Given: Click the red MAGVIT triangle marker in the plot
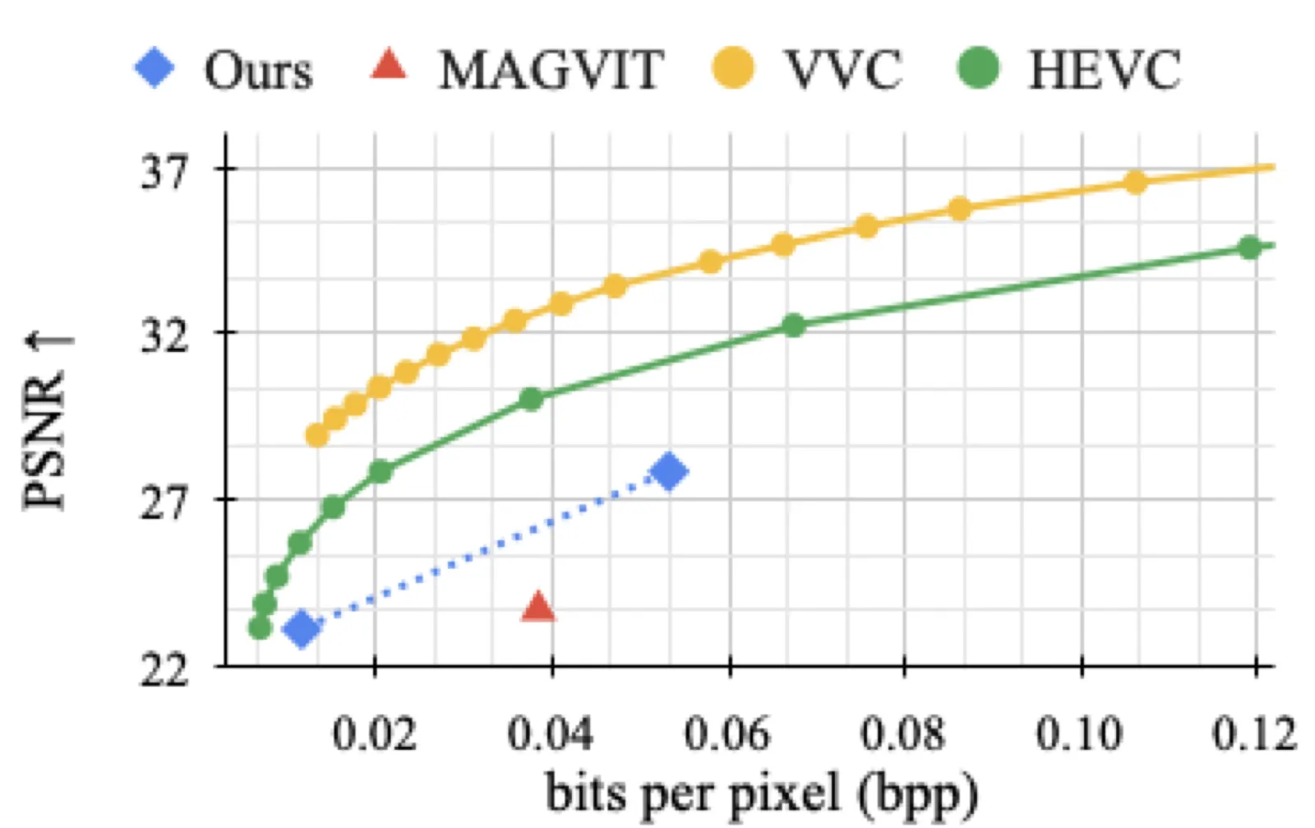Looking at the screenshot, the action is pos(538,607).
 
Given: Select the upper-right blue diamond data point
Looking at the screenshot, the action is pos(669,471).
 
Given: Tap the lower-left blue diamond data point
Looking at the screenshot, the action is pos(302,629).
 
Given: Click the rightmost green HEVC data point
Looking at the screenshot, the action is pos(1249,247).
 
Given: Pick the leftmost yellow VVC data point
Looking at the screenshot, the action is pos(317,435).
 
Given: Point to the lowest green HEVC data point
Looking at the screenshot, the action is pos(260,627).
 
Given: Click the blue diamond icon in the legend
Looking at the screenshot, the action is pos(155,67).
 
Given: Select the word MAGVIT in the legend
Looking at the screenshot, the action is pos(551,70).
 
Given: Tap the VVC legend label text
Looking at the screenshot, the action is pos(842,70).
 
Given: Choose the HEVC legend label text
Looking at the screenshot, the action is pos(1104,70).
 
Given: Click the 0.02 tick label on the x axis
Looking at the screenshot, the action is pos(375,734).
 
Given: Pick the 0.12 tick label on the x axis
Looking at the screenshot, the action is pos(1254,734).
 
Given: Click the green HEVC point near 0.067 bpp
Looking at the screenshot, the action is pos(794,325).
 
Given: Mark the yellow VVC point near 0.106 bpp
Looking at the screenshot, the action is pos(1136,182).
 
